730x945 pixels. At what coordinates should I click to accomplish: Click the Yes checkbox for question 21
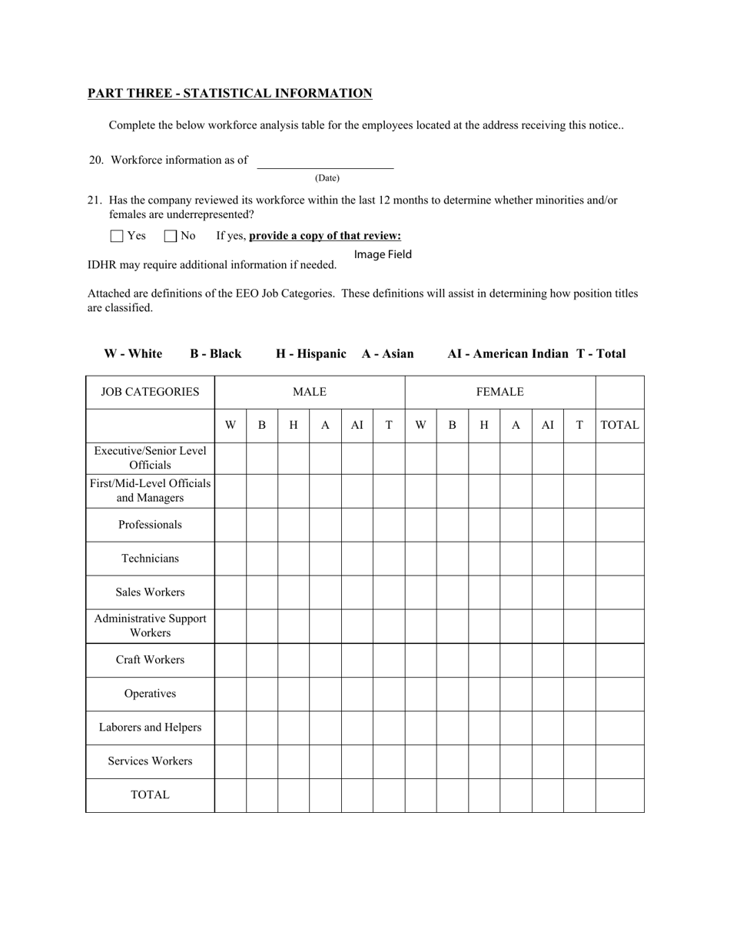click(x=117, y=236)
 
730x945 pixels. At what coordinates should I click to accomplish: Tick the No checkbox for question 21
click(x=171, y=236)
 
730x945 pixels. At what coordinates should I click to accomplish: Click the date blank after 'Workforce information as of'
click(x=325, y=161)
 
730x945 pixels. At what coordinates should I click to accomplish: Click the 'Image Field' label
click(x=383, y=254)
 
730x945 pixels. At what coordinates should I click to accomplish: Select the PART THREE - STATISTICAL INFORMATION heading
click(x=230, y=94)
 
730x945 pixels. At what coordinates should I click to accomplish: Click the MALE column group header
click(x=309, y=392)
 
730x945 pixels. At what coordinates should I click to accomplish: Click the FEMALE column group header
click(x=499, y=392)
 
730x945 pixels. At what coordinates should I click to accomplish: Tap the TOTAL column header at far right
click(x=619, y=425)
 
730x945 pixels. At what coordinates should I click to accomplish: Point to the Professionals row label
click(x=150, y=525)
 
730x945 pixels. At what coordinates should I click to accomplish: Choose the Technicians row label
click(x=150, y=559)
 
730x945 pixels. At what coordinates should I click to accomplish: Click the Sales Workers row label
click(x=150, y=592)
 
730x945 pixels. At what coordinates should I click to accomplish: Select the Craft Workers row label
click(x=150, y=660)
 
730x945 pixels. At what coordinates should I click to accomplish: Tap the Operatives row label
click(x=150, y=694)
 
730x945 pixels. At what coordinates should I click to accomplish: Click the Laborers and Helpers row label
click(x=150, y=728)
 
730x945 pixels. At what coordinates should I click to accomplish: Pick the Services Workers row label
click(x=150, y=761)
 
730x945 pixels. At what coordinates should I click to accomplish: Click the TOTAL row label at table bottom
click(x=150, y=795)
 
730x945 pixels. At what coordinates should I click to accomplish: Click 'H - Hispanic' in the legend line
click(x=311, y=353)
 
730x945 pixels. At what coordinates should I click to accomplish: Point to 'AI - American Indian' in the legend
click(x=508, y=353)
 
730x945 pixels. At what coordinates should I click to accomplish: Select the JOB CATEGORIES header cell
click(x=150, y=392)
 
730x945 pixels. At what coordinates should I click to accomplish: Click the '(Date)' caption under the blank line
click(x=327, y=178)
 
